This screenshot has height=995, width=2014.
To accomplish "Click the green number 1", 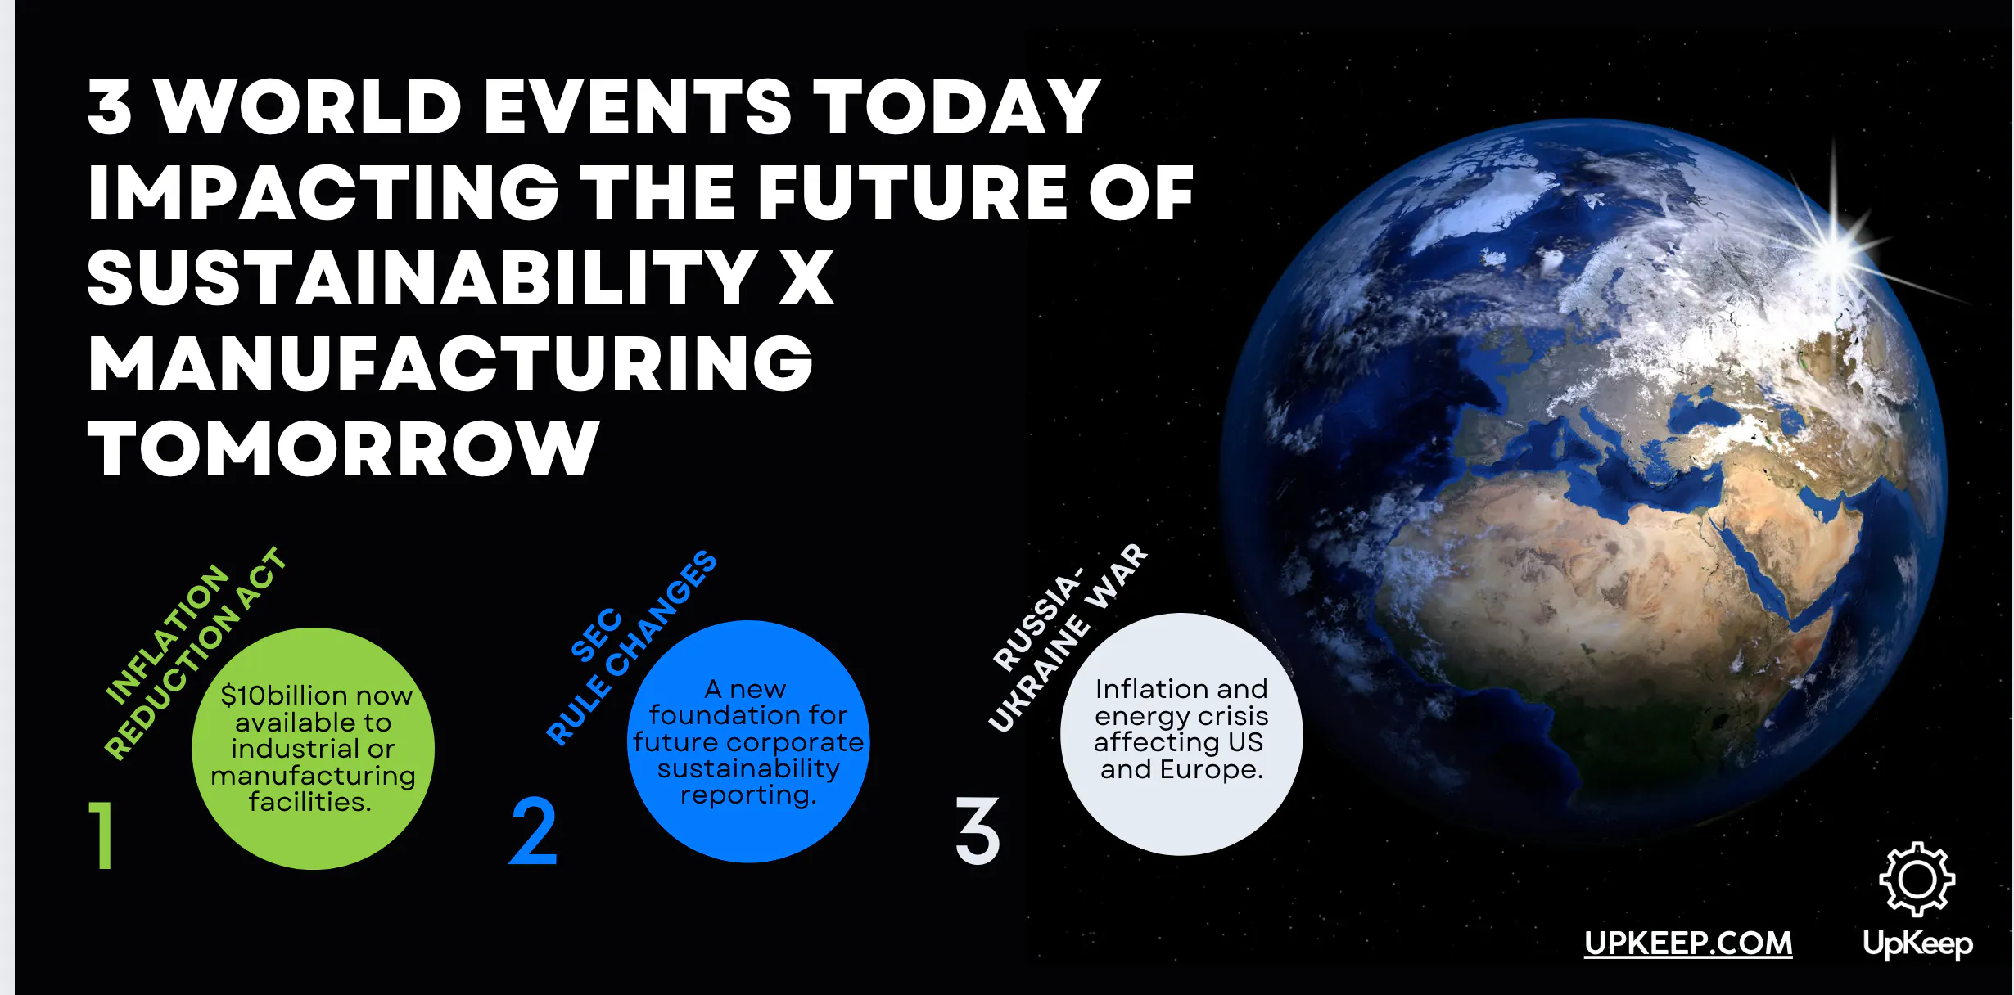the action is tap(101, 835).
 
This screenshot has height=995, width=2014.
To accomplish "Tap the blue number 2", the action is tap(533, 831).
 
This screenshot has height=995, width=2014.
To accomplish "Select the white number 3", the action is tap(978, 831).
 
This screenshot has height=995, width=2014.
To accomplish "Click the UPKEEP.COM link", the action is tap(1688, 943).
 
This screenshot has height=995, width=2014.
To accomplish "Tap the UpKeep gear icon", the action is tap(1917, 880).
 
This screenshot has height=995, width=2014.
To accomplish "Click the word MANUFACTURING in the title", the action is tap(450, 363).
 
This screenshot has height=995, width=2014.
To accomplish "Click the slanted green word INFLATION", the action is tap(168, 634).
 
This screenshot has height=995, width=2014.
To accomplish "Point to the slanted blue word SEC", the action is tap(596, 635).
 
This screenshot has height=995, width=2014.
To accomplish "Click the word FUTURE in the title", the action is tap(910, 193).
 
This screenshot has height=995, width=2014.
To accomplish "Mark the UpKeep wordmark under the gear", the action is tap(1917, 944).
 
